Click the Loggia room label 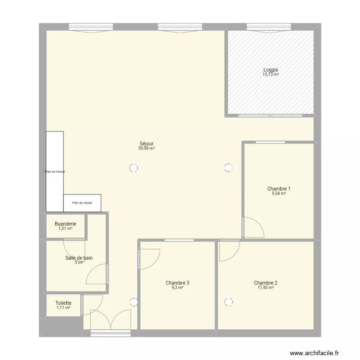tap(271, 70)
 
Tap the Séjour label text tap(146, 144)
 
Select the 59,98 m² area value tap(146, 149)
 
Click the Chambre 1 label tap(279, 189)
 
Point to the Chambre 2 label tap(265, 283)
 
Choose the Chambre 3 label tap(177, 283)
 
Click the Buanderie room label tap(65, 224)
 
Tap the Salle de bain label tap(79, 258)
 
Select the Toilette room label tap(63, 303)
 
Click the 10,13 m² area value tap(271, 75)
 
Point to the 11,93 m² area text tap(265, 288)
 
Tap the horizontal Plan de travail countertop tap(82, 203)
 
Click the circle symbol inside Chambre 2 tap(228, 302)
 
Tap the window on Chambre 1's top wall tap(270, 142)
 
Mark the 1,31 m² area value tap(65, 228)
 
